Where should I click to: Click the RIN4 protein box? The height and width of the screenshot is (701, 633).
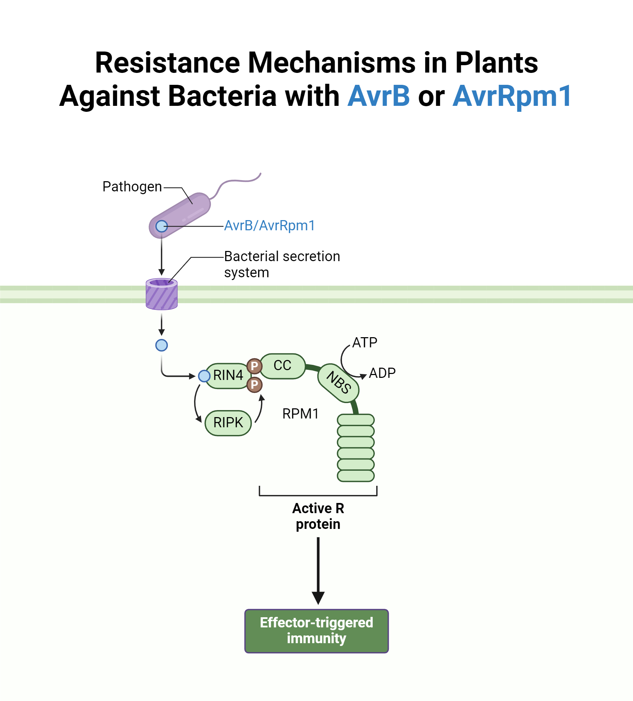[228, 376]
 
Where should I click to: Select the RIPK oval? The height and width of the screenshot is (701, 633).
[228, 423]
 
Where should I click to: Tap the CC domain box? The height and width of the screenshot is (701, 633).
[282, 366]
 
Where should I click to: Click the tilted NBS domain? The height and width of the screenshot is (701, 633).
[338, 383]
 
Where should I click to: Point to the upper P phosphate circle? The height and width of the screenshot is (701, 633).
[254, 366]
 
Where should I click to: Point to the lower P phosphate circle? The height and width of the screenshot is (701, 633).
[254, 385]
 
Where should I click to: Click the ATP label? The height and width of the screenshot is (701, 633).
[365, 342]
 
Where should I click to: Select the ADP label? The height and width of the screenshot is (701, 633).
[382, 373]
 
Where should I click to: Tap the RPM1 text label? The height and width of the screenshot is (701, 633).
[301, 414]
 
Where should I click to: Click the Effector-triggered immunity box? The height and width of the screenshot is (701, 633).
[316, 631]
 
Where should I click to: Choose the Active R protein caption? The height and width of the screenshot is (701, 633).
[318, 516]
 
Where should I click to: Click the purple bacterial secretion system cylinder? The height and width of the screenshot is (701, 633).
[161, 294]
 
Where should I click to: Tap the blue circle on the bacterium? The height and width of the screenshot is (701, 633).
[161, 226]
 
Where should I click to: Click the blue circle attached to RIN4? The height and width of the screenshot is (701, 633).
[204, 376]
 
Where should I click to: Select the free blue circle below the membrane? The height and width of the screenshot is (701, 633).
[161, 345]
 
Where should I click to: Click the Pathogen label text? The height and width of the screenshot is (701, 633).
[132, 187]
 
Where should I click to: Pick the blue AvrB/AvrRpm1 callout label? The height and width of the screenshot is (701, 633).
[269, 226]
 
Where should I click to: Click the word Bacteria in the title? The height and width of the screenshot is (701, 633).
[222, 96]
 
